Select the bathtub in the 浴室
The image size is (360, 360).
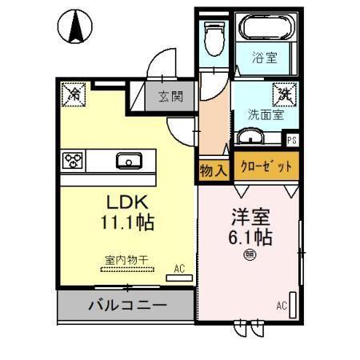[x=267, y=34]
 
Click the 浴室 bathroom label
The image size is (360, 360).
[x=264, y=58]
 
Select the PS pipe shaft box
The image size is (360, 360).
[x=293, y=139]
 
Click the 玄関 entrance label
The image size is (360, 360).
[x=170, y=98]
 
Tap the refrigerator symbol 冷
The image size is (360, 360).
[x=72, y=94]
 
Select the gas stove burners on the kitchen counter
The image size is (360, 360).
[x=73, y=160]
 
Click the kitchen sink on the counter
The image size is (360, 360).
[x=129, y=161]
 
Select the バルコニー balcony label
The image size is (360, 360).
[x=128, y=306]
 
